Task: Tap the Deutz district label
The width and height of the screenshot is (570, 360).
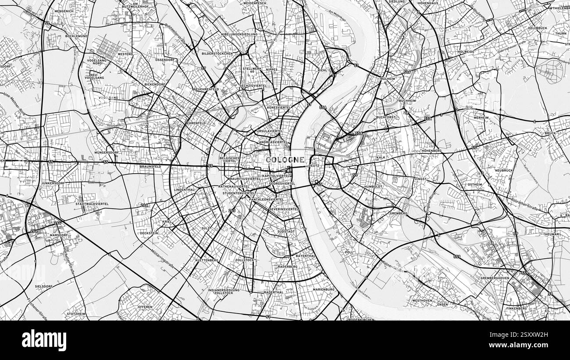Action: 314,166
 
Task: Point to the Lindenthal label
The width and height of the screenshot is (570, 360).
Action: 184,190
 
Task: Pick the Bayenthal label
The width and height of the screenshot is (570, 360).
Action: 306,256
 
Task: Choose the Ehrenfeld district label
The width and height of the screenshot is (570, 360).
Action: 196,123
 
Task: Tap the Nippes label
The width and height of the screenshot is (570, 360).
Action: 272,70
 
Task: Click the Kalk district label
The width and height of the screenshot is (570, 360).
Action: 381,157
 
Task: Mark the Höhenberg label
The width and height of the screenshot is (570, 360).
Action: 431,151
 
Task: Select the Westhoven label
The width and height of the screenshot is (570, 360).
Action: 422,300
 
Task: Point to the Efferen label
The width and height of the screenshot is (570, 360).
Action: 145,307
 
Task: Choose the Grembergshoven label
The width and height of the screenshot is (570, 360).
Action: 495,278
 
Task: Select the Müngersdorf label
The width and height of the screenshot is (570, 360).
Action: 107,153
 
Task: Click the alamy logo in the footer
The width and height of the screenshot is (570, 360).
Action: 44,340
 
